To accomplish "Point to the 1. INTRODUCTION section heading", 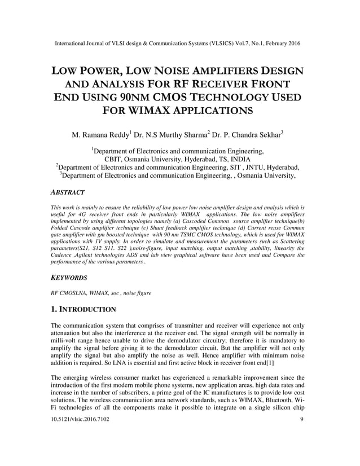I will coord(84,309).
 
